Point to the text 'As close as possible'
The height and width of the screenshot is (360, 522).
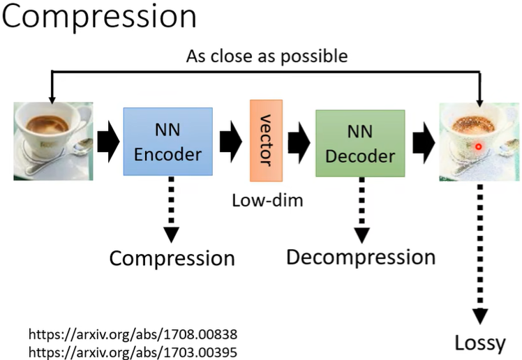point(267,57)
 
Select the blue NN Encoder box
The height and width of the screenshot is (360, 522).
point(167,142)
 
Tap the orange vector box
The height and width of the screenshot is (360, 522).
point(267,140)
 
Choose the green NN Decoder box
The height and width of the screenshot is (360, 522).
point(360,143)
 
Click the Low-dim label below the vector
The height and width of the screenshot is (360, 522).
point(267,201)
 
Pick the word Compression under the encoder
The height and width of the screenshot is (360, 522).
point(172,259)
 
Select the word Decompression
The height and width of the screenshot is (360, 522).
point(361,257)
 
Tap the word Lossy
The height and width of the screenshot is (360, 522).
point(480,343)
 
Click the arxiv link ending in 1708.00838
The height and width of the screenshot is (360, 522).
point(133,334)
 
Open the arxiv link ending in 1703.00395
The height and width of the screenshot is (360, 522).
point(133,352)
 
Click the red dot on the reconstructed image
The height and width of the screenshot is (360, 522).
point(479,147)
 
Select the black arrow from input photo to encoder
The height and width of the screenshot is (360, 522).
point(108,142)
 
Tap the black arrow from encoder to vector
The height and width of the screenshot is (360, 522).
point(231,142)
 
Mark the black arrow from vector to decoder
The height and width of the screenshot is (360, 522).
point(299,142)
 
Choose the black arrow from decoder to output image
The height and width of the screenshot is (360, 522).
point(424,142)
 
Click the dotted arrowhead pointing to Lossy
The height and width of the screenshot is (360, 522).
point(480,316)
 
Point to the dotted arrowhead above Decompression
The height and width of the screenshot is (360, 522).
point(362,236)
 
